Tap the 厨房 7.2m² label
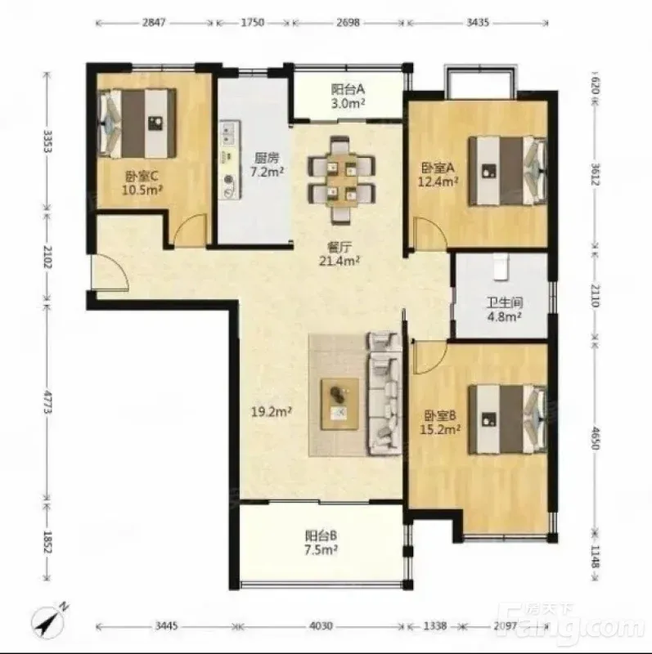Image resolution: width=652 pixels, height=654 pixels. (x=268, y=164)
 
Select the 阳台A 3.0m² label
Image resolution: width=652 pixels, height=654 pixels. (x=348, y=96)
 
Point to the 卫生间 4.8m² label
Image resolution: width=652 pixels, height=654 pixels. (x=505, y=310)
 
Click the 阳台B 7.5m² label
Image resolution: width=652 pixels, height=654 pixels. (x=321, y=542)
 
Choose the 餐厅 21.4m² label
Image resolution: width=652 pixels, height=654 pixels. (x=339, y=254)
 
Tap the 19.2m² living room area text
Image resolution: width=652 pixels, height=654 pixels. (x=272, y=412)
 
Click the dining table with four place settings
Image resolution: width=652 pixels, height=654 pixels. (x=341, y=180)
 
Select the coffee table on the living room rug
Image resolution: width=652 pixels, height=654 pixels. (x=339, y=404)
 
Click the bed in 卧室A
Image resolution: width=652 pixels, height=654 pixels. (x=507, y=171)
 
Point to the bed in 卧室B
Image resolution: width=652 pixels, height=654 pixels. (x=507, y=419)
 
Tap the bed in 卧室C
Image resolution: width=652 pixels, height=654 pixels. (x=137, y=124)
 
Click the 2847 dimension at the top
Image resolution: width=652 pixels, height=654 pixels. (x=155, y=23)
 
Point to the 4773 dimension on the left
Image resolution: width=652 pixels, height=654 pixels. (x=47, y=402)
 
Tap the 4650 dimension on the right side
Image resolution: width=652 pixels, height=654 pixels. (x=596, y=438)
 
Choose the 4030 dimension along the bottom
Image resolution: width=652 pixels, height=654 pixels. (x=322, y=625)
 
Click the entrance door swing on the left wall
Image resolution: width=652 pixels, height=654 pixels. (x=110, y=271)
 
